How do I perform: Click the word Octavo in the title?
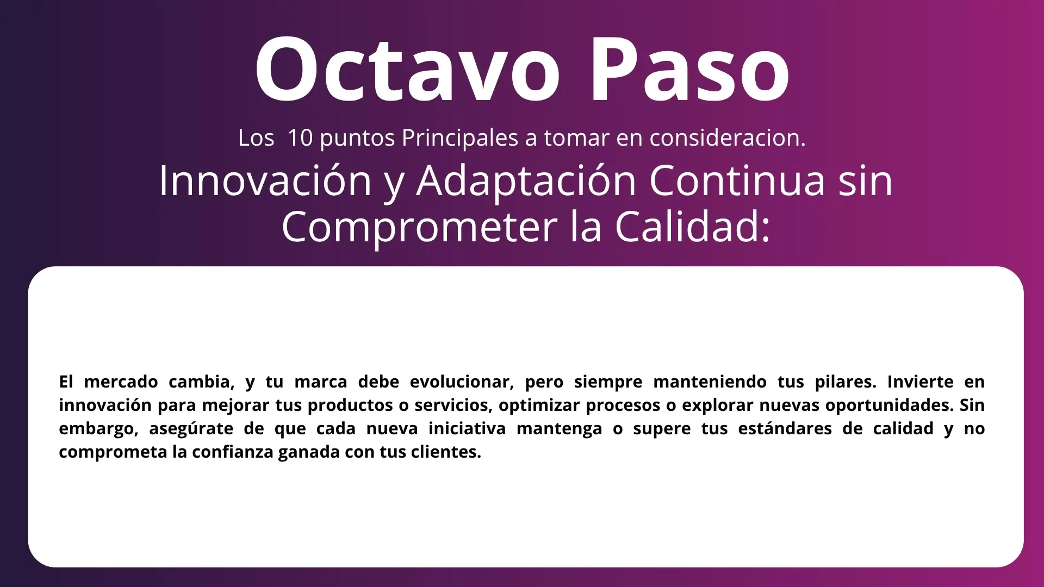(407, 69)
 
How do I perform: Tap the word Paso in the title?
(689, 69)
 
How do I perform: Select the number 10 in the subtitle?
(300, 138)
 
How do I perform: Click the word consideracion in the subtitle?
(728, 138)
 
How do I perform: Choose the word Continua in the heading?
(737, 180)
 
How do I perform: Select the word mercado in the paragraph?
(121, 382)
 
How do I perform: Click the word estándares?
(785, 428)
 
